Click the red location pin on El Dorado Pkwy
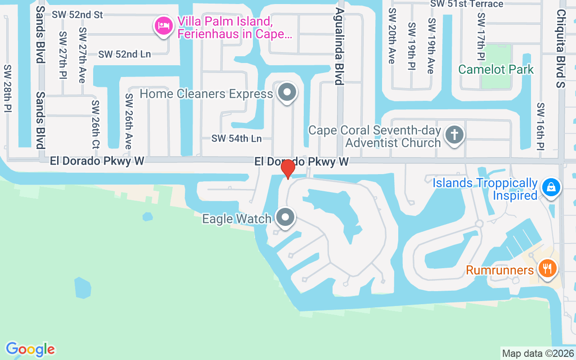[x=288, y=169]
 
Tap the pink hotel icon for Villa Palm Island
[x=163, y=26]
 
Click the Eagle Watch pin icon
[x=285, y=218]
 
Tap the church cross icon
[x=454, y=135]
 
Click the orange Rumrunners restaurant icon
[x=547, y=269]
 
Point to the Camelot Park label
[x=496, y=69]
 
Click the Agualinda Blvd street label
[x=339, y=46]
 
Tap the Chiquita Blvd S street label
[x=560, y=49]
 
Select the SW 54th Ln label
[x=237, y=139]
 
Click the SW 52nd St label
[x=77, y=14]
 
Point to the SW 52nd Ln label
[x=125, y=54]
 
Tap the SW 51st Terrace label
[x=467, y=4]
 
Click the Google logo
[x=30, y=349]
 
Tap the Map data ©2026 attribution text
[x=538, y=353]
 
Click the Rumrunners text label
[x=499, y=270]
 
